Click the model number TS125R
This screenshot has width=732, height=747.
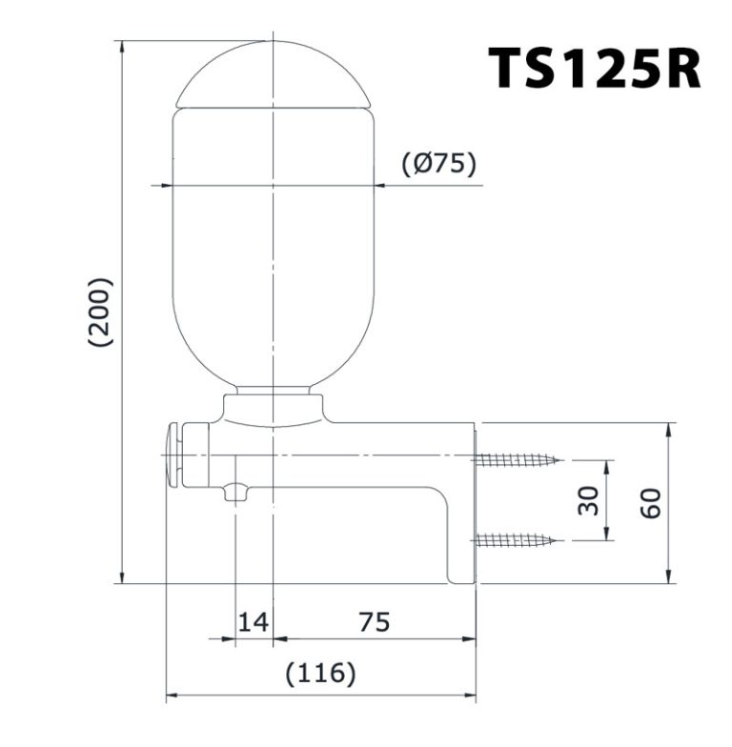595,68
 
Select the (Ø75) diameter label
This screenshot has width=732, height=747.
437,164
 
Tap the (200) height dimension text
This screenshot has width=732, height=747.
99,312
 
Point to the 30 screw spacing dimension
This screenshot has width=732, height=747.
589,500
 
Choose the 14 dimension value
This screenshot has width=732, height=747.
253,622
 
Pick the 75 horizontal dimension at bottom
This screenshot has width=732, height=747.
375,622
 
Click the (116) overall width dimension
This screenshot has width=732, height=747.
320,674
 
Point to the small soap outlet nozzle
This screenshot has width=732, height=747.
235,492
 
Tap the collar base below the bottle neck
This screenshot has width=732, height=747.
274,410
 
